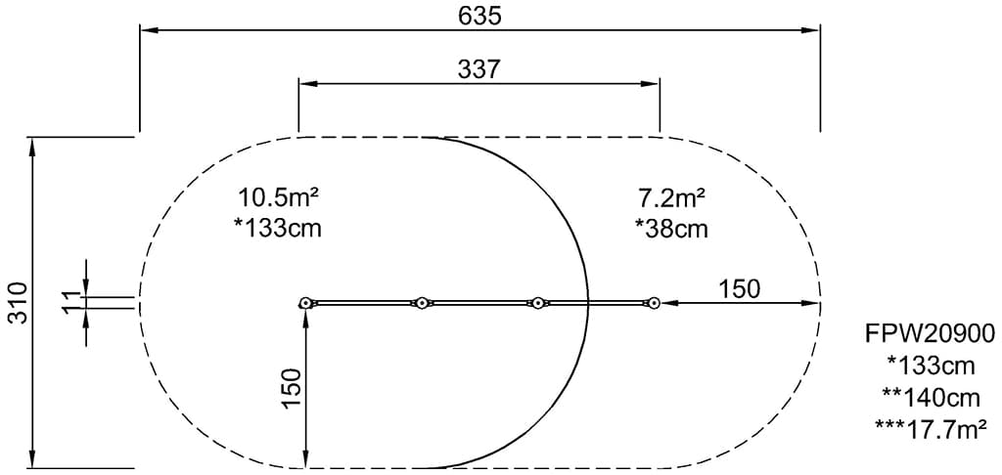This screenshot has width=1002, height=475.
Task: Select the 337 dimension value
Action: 479,69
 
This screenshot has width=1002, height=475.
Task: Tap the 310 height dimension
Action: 20,303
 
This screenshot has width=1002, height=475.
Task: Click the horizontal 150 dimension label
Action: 740,289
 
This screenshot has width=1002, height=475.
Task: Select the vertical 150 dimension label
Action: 291,389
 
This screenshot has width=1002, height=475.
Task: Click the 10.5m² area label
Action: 279,196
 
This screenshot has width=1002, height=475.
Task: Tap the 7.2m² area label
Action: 671,196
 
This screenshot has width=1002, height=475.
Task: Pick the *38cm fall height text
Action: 671,228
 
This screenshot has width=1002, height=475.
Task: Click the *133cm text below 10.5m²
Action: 279,228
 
